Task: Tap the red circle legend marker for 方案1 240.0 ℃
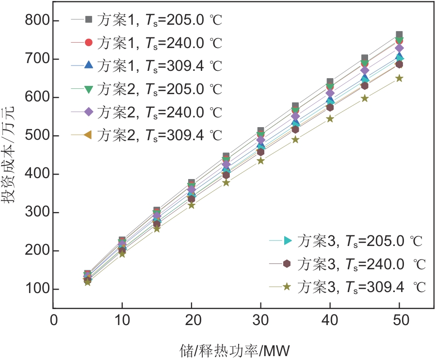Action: tap(88, 42)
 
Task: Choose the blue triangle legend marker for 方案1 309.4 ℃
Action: tap(88, 65)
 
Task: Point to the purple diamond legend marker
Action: tap(88, 112)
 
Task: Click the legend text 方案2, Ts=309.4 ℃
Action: tap(160, 135)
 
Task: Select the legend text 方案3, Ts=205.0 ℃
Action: tap(359, 240)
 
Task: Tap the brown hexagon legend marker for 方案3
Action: tap(287, 263)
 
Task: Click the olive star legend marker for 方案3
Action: tap(287, 287)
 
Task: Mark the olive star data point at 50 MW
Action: tap(399, 78)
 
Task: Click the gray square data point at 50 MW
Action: tap(399, 35)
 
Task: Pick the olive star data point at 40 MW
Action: tap(330, 118)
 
